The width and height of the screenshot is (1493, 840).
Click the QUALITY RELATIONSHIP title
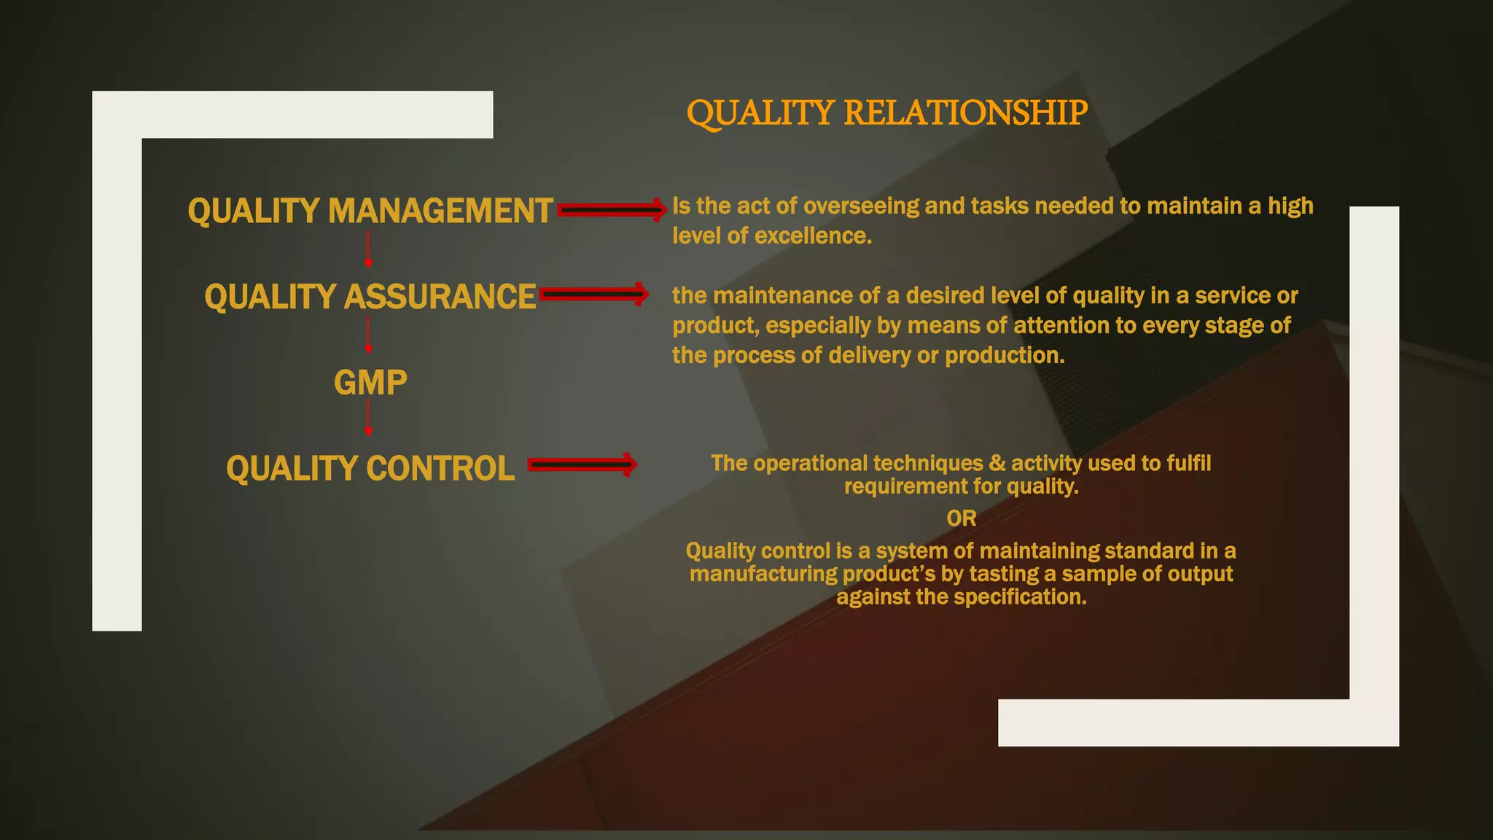[886, 113]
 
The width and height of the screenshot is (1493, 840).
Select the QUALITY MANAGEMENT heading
[370, 211]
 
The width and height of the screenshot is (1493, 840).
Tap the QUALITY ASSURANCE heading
[370, 297]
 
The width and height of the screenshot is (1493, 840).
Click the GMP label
[370, 383]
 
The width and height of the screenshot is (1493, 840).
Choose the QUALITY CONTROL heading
[370, 468]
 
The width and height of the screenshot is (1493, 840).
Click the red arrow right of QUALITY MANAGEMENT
[612, 210]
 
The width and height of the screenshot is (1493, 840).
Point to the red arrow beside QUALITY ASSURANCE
[593, 295]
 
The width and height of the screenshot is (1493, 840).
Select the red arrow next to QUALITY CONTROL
[582, 465]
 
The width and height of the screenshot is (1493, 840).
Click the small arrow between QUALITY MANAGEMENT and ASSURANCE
[368, 249]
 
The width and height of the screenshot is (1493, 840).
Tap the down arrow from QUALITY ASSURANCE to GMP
[368, 335]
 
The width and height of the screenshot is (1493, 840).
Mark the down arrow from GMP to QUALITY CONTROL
[368, 419]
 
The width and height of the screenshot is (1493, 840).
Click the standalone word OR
[961, 518]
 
